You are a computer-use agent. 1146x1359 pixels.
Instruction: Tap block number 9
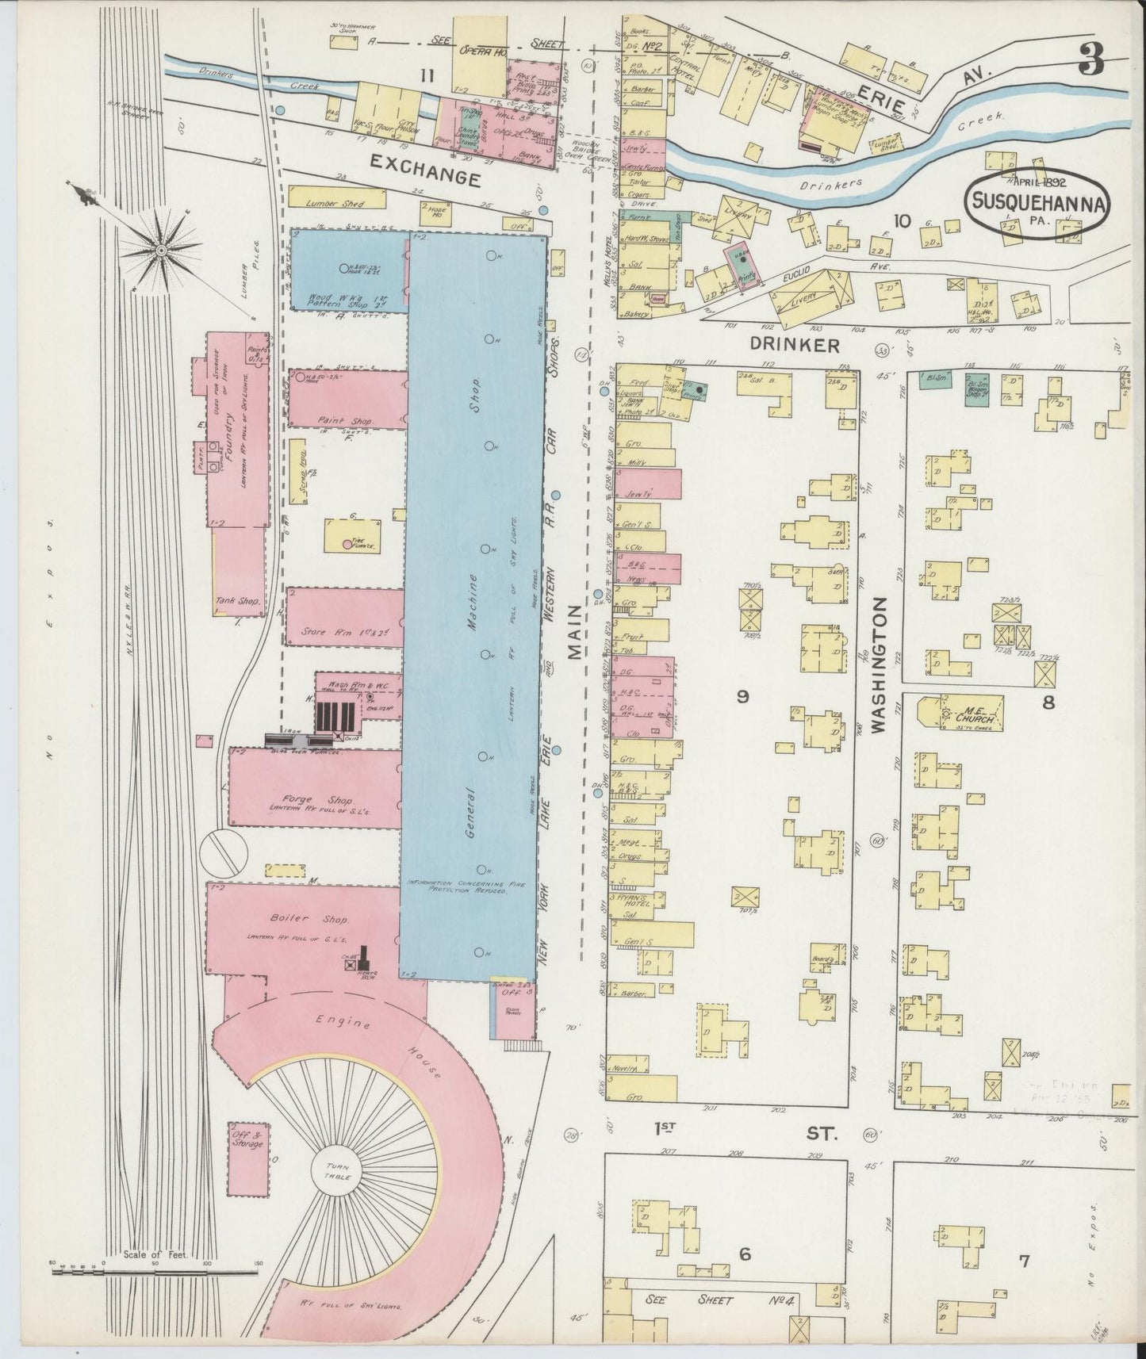(x=742, y=697)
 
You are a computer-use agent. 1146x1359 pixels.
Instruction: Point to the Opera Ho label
(x=483, y=50)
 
